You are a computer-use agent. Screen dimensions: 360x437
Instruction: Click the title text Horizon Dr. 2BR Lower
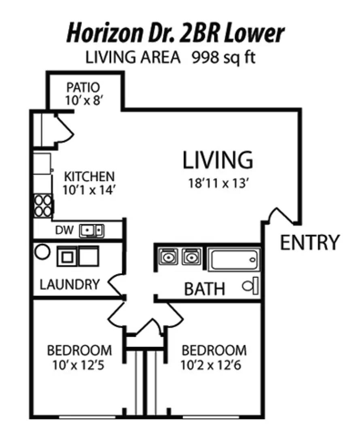point(175,34)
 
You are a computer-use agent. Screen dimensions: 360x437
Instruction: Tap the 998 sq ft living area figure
point(223,58)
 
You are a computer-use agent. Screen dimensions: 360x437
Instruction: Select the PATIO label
point(83,87)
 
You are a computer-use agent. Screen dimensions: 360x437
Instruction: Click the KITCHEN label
point(89,177)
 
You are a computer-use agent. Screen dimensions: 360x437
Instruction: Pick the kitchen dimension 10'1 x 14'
point(89,190)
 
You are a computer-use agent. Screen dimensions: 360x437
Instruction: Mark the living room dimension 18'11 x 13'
point(218,184)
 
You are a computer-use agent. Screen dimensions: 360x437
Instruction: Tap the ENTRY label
point(309,242)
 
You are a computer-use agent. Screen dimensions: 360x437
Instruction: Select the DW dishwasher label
point(64,230)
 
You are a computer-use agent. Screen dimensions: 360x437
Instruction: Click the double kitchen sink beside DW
point(92,231)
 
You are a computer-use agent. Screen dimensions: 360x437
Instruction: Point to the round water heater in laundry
point(42,252)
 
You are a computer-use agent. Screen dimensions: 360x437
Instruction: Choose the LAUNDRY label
point(70,284)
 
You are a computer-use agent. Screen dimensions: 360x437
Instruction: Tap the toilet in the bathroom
point(250,286)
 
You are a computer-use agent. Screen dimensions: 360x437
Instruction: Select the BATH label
point(205,289)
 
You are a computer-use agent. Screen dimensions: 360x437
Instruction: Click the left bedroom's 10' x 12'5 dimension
point(78,365)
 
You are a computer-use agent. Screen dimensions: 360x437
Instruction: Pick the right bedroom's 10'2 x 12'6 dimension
point(211,365)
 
